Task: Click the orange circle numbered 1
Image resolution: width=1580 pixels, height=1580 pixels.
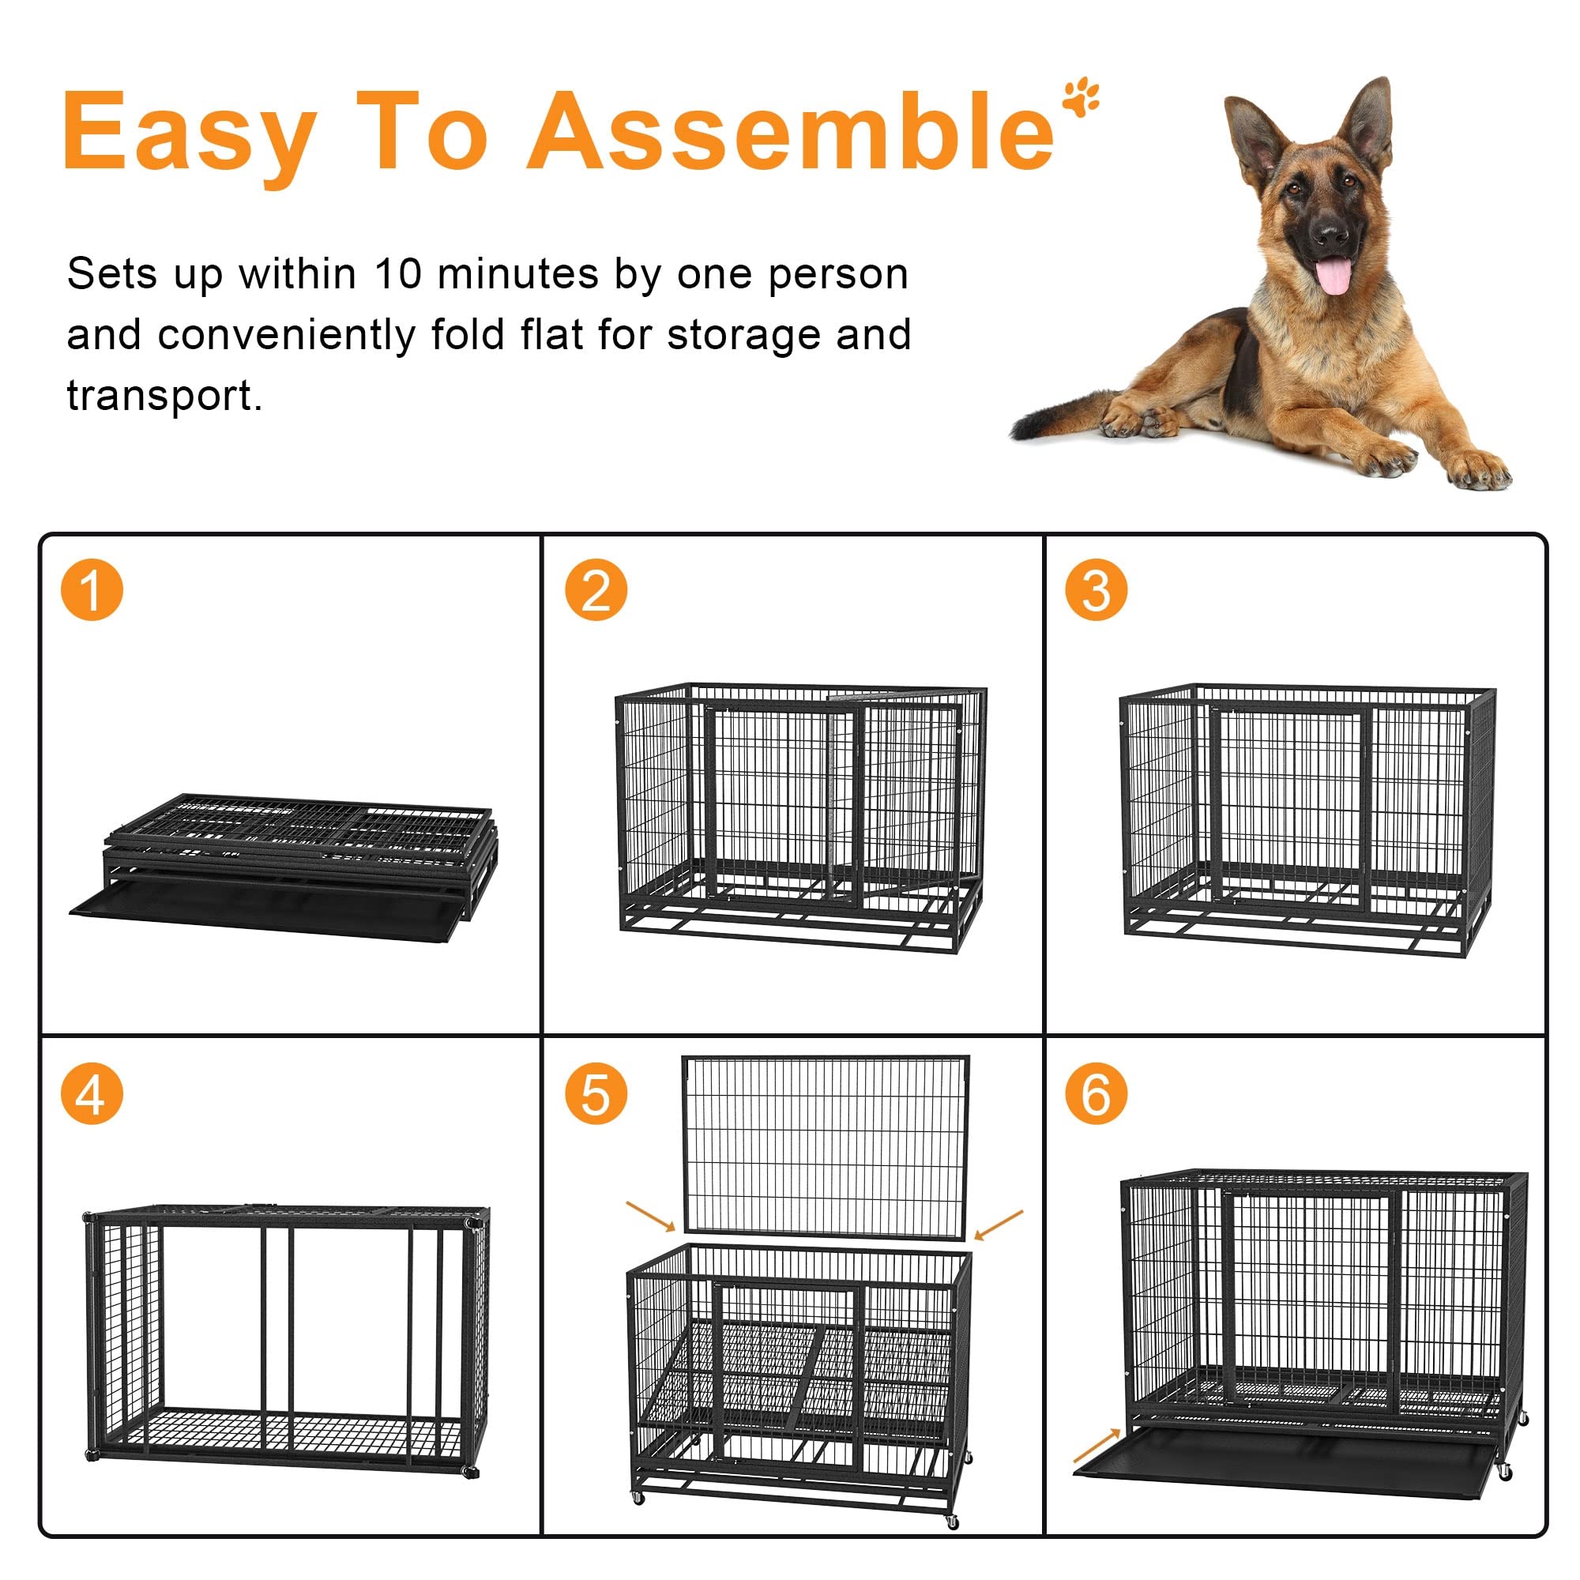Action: (92, 589)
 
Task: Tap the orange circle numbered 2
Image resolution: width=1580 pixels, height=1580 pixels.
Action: (596, 589)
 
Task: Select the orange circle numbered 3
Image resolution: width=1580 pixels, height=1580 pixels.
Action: (1096, 589)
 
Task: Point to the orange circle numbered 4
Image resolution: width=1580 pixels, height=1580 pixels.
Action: (92, 1093)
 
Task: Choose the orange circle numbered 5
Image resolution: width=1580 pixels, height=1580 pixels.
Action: (596, 1093)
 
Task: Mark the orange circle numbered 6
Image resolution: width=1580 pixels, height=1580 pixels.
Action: (1096, 1093)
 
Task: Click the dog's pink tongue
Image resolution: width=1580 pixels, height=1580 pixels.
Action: (1334, 276)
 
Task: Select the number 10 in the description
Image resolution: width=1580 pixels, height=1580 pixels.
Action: (398, 274)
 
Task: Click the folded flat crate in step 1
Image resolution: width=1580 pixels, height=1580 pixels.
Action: (286, 867)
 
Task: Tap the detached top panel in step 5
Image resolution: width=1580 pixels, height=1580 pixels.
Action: (826, 1145)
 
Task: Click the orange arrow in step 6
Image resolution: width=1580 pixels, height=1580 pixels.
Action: (1097, 1445)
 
